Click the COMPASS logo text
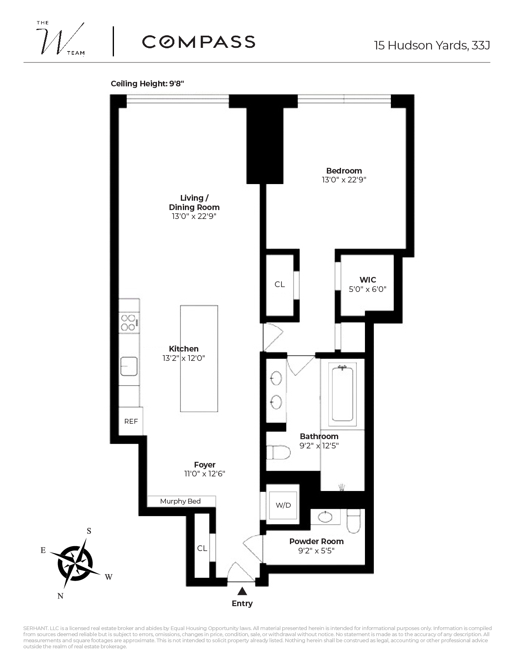[198, 42]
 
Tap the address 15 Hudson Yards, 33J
[432, 45]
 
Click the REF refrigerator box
[131, 421]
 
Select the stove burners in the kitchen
[129, 323]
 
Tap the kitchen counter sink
[129, 366]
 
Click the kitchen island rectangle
[199, 359]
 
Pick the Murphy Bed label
[180, 501]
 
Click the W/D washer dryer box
[283, 505]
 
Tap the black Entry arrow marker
[242, 591]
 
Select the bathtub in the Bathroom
[343, 393]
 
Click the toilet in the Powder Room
[354, 521]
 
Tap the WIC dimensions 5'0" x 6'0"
[367, 289]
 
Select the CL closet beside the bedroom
[279, 285]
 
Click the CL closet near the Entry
[202, 548]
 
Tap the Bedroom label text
[344, 171]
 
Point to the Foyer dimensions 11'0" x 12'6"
[205, 474]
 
